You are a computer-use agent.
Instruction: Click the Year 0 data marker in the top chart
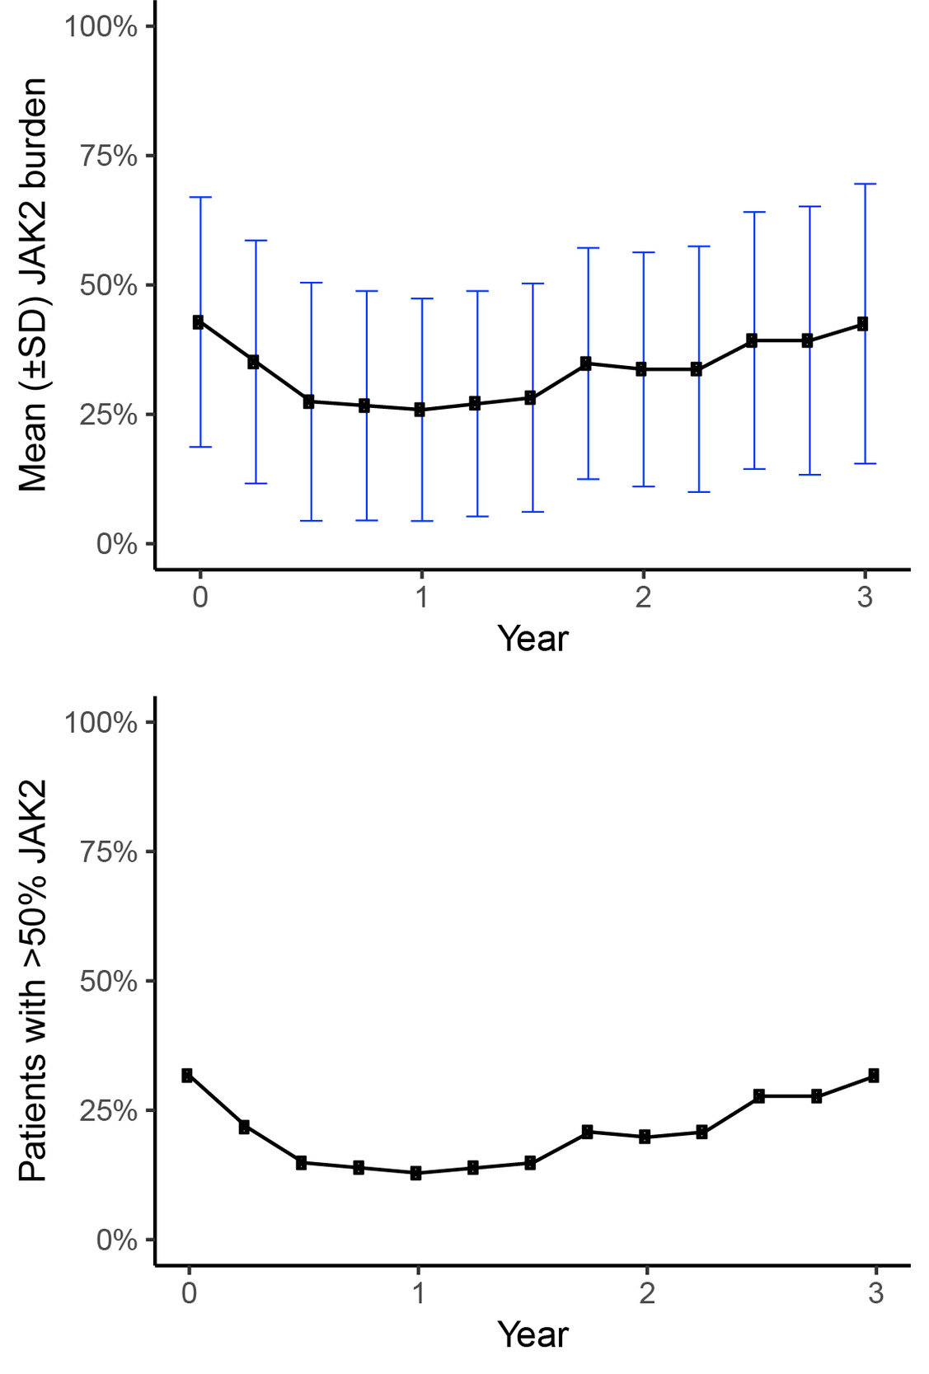point(199,322)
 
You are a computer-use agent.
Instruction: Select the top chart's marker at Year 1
point(420,410)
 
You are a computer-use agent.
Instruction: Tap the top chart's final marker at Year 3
point(862,324)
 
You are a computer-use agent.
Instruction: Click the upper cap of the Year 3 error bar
point(865,184)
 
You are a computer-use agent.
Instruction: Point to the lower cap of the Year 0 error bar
point(200,447)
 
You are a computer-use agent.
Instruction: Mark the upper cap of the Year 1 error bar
point(422,298)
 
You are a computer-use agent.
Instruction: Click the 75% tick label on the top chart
point(108,156)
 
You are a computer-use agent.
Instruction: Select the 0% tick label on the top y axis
point(116,544)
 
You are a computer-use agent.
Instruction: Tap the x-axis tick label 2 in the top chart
point(643,597)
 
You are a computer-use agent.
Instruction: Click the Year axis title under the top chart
point(533,639)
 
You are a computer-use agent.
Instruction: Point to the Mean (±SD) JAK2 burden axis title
point(33,285)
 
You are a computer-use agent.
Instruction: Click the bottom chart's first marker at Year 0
point(188,1075)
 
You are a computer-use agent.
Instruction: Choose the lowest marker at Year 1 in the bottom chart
point(416,1173)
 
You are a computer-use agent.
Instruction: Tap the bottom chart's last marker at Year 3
point(874,1076)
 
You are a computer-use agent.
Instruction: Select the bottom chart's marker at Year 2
point(645,1137)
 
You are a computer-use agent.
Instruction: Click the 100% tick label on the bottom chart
point(101,723)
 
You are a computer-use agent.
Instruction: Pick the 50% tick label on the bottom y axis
point(108,982)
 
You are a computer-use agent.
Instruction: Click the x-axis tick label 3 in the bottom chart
point(875,1293)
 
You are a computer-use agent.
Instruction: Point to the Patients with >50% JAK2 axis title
point(33,981)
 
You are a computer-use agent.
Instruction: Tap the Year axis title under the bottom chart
point(533,1335)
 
